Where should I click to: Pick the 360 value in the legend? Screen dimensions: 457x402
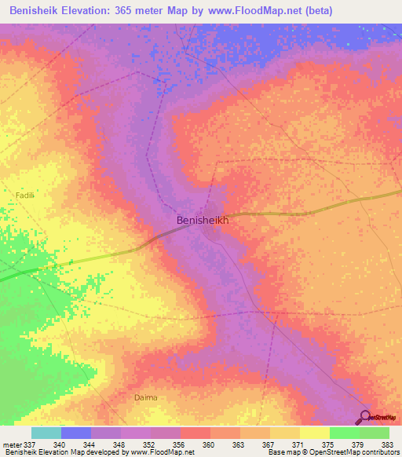(209, 444)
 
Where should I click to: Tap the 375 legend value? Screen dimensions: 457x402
(329, 444)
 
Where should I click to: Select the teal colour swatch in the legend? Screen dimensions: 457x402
(46, 433)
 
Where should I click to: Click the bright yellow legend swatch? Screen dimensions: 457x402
(314, 433)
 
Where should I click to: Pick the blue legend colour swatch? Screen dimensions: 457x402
(75, 433)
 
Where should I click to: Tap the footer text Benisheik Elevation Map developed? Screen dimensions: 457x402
(63, 452)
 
